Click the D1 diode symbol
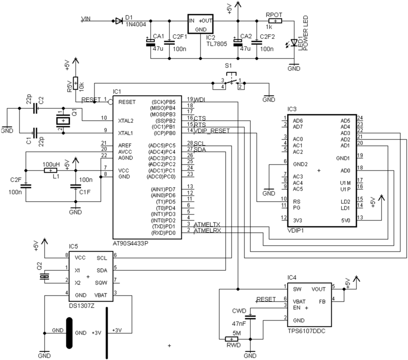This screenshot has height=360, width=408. (119, 21)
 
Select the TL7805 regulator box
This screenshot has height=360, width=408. (201, 25)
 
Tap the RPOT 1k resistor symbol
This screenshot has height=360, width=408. (275, 21)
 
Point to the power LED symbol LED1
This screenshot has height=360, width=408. (295, 42)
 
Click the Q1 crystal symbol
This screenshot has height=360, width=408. (63, 120)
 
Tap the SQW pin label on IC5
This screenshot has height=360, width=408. (101, 283)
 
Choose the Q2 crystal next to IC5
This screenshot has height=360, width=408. (47, 276)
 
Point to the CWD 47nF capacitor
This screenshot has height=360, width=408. (250, 317)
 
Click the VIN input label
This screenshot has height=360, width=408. (86, 19)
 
